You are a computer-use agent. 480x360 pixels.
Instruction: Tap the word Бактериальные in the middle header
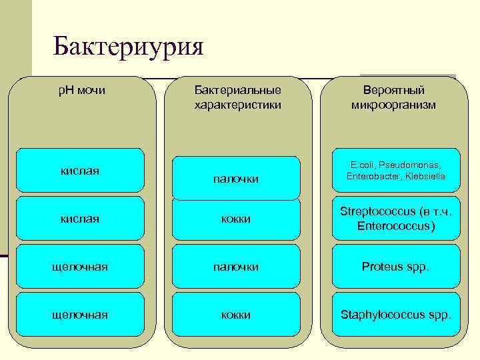(237, 90)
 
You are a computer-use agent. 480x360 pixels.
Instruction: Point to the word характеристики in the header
(237, 105)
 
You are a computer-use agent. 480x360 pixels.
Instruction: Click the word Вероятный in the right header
(393, 90)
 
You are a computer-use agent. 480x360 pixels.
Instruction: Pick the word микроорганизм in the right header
(393, 105)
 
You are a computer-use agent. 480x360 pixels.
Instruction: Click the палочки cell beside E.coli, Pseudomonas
(236, 179)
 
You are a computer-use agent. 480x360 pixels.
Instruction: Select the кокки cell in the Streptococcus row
(236, 219)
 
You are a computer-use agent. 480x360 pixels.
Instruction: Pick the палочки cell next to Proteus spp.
(236, 267)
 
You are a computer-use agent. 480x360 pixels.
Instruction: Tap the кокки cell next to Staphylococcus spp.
(236, 315)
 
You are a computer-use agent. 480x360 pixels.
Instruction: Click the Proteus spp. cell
(396, 267)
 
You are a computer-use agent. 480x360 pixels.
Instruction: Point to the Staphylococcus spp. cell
(396, 315)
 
